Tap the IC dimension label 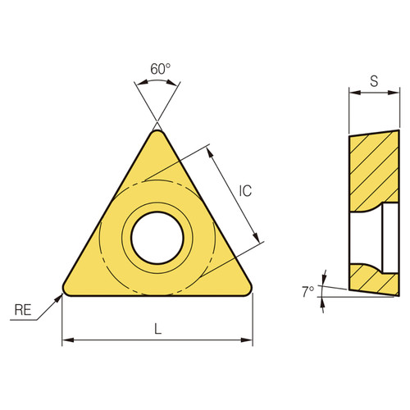pyautogui.click(x=245, y=191)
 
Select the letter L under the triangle pyautogui.click(x=157, y=329)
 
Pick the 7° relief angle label pyautogui.click(x=307, y=291)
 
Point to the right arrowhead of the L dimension pyautogui.click(x=248, y=339)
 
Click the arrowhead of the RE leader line pyautogui.click(x=60, y=295)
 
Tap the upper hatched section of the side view pyautogui.click(x=373, y=168)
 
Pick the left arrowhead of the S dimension pyautogui.click(x=353, y=93)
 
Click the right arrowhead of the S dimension pyautogui.click(x=396, y=93)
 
